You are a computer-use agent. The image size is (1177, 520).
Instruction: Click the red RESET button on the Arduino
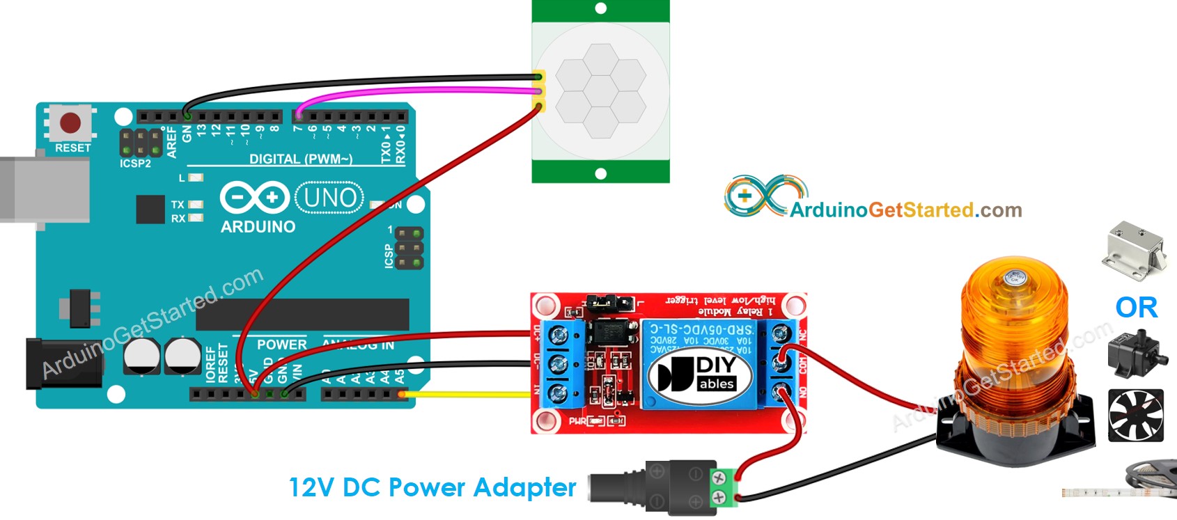(70, 123)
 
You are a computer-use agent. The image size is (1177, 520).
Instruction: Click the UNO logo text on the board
(329, 198)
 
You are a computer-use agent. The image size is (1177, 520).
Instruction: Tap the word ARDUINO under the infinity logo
(258, 227)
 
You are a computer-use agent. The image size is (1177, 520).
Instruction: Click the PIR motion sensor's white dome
(600, 90)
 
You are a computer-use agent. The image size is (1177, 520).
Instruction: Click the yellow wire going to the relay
(467, 395)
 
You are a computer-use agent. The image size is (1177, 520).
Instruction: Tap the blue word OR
(1136, 308)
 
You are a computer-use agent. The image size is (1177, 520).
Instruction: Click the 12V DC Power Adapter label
(432, 487)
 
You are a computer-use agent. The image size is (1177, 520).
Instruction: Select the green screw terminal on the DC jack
(722, 487)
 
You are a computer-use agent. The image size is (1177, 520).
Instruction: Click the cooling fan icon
(1135, 415)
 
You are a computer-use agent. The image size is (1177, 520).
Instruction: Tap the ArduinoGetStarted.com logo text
(905, 210)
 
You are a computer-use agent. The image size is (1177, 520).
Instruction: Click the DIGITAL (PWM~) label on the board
(301, 159)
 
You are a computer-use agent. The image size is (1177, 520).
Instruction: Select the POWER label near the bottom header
(281, 345)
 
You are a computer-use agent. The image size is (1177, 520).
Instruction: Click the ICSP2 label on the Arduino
(135, 164)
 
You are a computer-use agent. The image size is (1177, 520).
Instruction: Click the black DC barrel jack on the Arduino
(59, 363)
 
